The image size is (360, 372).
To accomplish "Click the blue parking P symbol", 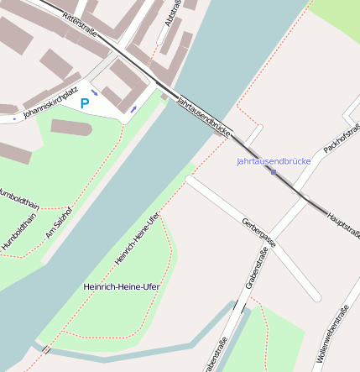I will [84, 103].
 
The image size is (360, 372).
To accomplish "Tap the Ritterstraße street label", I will [81, 24].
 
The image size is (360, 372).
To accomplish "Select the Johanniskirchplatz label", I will [51, 101].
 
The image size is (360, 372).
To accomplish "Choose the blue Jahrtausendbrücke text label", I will [274, 160].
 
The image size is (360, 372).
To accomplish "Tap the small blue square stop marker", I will [274, 171].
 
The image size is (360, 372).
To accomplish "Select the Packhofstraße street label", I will [342, 139].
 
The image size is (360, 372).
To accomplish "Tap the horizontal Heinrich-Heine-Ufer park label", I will [122, 286].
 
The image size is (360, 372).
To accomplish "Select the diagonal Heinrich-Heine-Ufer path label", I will [137, 239].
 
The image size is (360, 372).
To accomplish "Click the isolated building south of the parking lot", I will [71, 128].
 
